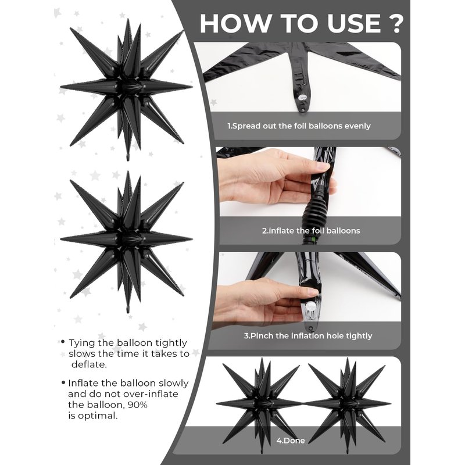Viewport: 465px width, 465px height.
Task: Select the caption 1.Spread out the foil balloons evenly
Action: click(x=299, y=126)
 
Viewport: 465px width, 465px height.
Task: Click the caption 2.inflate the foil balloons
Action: click(x=311, y=231)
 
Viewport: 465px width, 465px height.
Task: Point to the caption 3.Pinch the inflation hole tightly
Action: click(x=308, y=336)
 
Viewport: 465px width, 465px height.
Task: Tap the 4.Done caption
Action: click(x=291, y=441)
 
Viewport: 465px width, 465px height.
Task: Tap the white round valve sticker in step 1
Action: click(x=303, y=97)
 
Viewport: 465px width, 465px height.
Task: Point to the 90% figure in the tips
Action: click(x=137, y=405)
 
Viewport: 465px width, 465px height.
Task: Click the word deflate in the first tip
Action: click(x=89, y=364)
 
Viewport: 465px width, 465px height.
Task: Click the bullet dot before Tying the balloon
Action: click(x=63, y=342)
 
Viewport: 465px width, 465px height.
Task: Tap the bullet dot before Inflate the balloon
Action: click(x=63, y=382)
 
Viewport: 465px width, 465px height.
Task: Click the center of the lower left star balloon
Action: click(x=127, y=239)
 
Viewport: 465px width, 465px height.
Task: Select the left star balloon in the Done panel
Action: click(x=260, y=404)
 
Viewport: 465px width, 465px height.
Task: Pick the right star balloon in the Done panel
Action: click(x=348, y=404)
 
